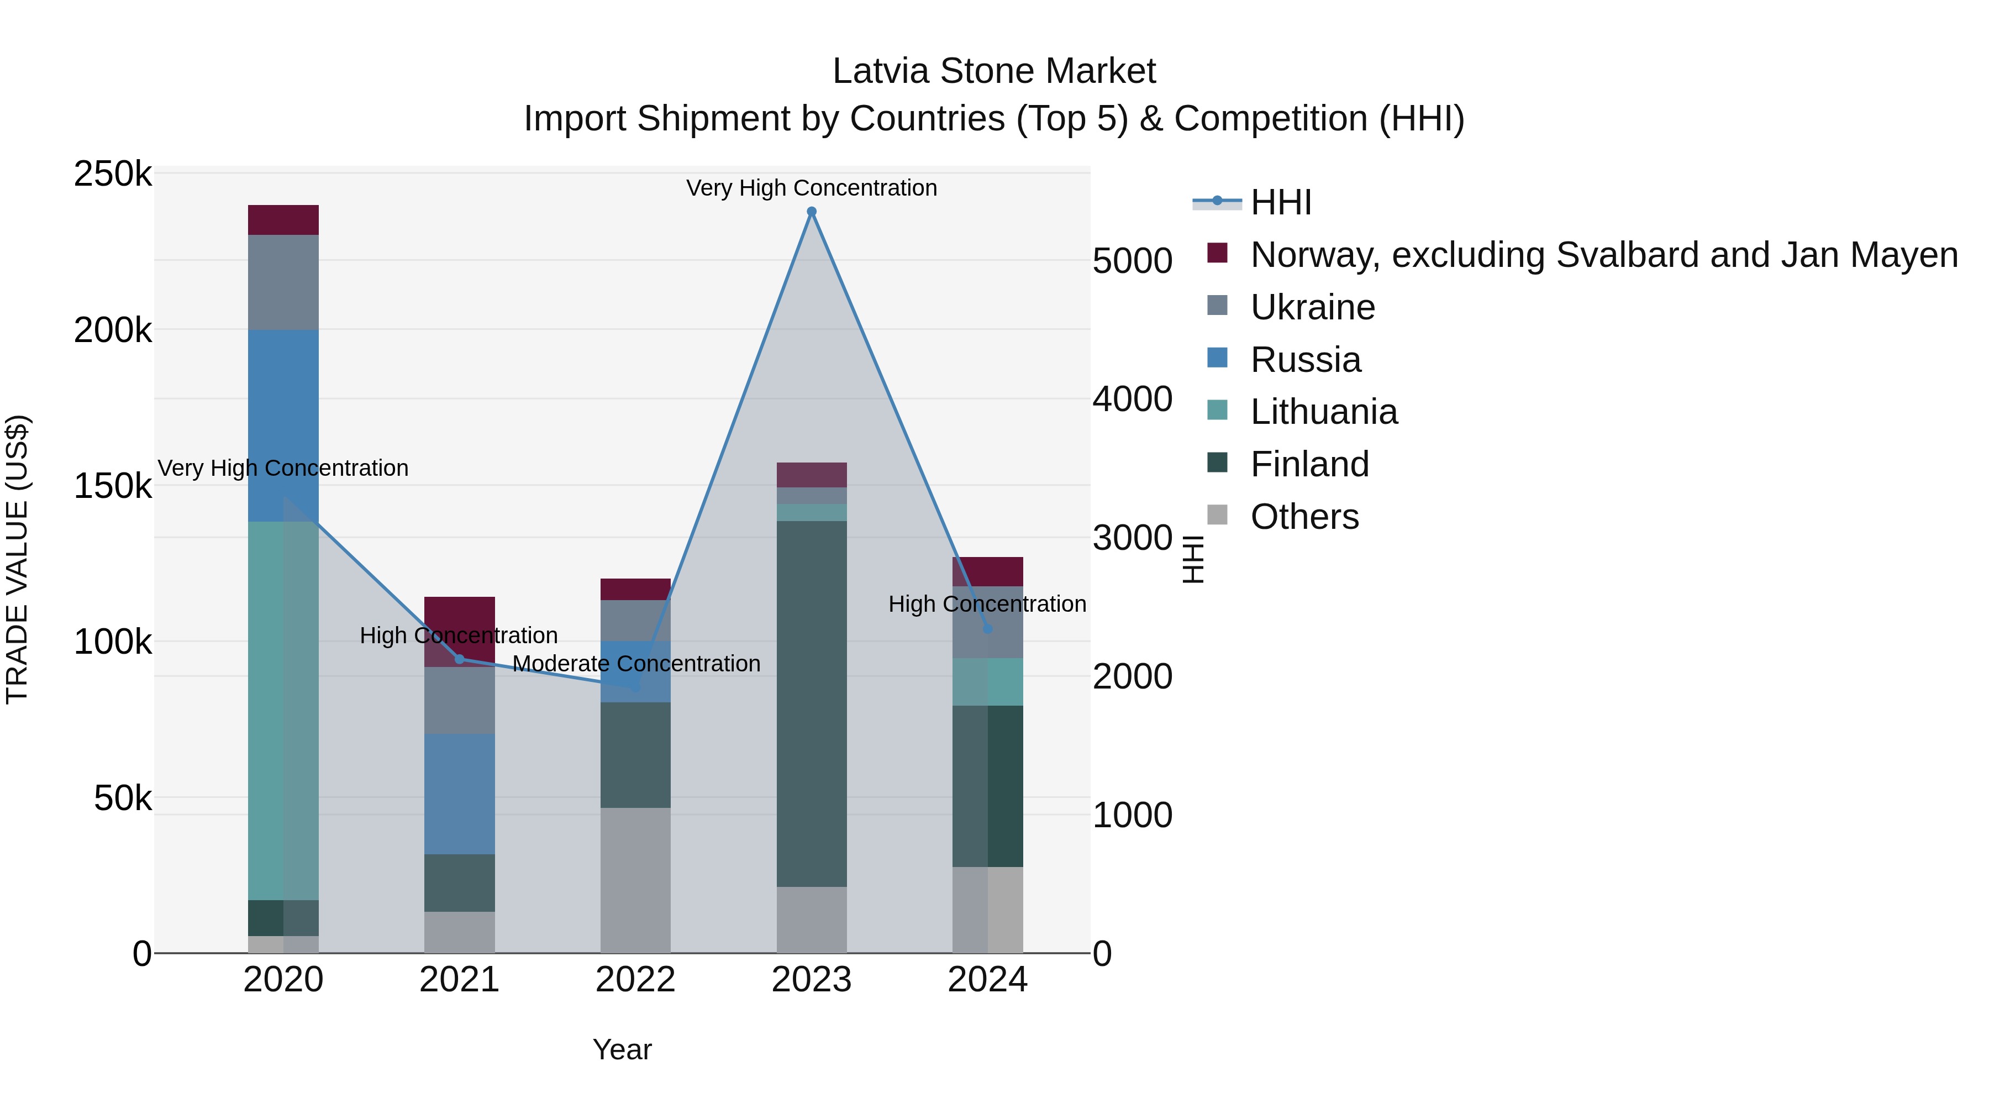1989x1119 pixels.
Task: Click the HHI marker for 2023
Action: [x=812, y=212]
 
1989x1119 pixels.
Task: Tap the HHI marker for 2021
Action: [x=460, y=659]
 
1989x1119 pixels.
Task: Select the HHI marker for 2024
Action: [x=987, y=629]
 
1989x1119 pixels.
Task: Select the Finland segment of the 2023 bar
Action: [x=812, y=703]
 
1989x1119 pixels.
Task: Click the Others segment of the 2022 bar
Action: [x=635, y=880]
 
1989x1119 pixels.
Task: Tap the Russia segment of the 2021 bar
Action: [x=460, y=794]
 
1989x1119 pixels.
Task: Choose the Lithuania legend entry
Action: [x=1323, y=412]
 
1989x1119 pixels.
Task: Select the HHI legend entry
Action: [x=1280, y=202]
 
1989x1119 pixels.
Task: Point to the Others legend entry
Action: [x=1304, y=517]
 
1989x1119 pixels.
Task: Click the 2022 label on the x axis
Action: [x=635, y=980]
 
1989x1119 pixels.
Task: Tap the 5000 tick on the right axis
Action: [x=1132, y=260]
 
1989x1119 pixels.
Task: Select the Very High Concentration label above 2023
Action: [x=812, y=188]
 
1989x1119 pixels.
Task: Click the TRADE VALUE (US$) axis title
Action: [x=17, y=559]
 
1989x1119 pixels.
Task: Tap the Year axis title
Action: [x=622, y=1049]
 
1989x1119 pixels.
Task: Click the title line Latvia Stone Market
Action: [x=994, y=71]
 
